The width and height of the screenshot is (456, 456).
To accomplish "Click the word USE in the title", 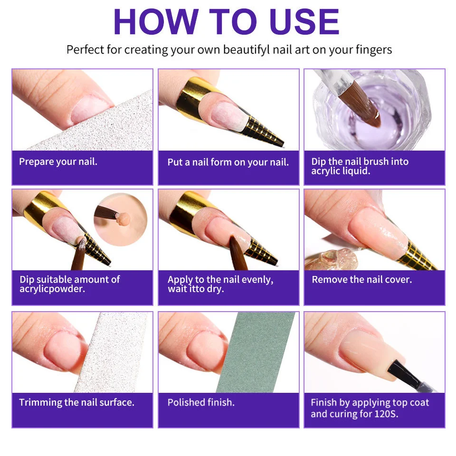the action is [x=304, y=22].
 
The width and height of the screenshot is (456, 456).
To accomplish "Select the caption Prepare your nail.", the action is [x=58, y=161].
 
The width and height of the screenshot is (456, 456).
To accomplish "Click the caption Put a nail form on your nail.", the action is [x=228, y=162].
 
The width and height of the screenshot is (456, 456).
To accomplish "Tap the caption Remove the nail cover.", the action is [x=362, y=280].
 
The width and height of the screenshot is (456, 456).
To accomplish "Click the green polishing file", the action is [x=256, y=352].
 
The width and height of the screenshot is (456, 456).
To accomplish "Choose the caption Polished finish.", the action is [x=201, y=402].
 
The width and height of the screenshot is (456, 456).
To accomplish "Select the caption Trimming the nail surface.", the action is [x=77, y=402].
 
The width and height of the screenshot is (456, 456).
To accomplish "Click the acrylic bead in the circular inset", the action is [x=122, y=219].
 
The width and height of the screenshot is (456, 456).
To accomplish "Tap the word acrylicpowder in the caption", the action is [x=52, y=289].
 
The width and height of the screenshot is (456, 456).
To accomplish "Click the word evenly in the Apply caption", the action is [x=257, y=280].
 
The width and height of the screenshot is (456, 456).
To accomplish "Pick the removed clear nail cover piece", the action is [x=330, y=259].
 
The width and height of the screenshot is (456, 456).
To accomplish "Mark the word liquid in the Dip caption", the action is [x=356, y=171].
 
